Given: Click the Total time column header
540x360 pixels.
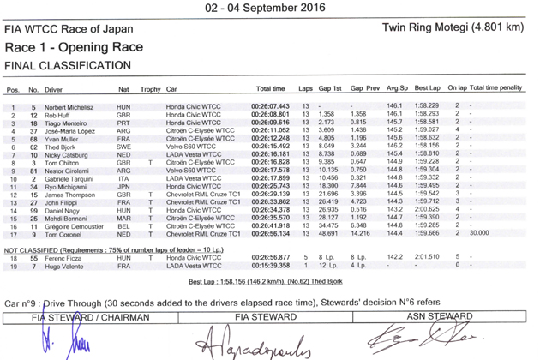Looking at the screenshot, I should click(x=271, y=88).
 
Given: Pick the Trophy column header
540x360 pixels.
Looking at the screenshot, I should click(x=151, y=88).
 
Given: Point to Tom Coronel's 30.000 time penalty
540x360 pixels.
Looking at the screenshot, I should click(x=478, y=233).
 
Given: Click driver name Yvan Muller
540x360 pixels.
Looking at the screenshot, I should click(x=63, y=137).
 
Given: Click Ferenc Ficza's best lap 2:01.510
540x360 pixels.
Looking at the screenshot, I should click(x=426, y=257).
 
